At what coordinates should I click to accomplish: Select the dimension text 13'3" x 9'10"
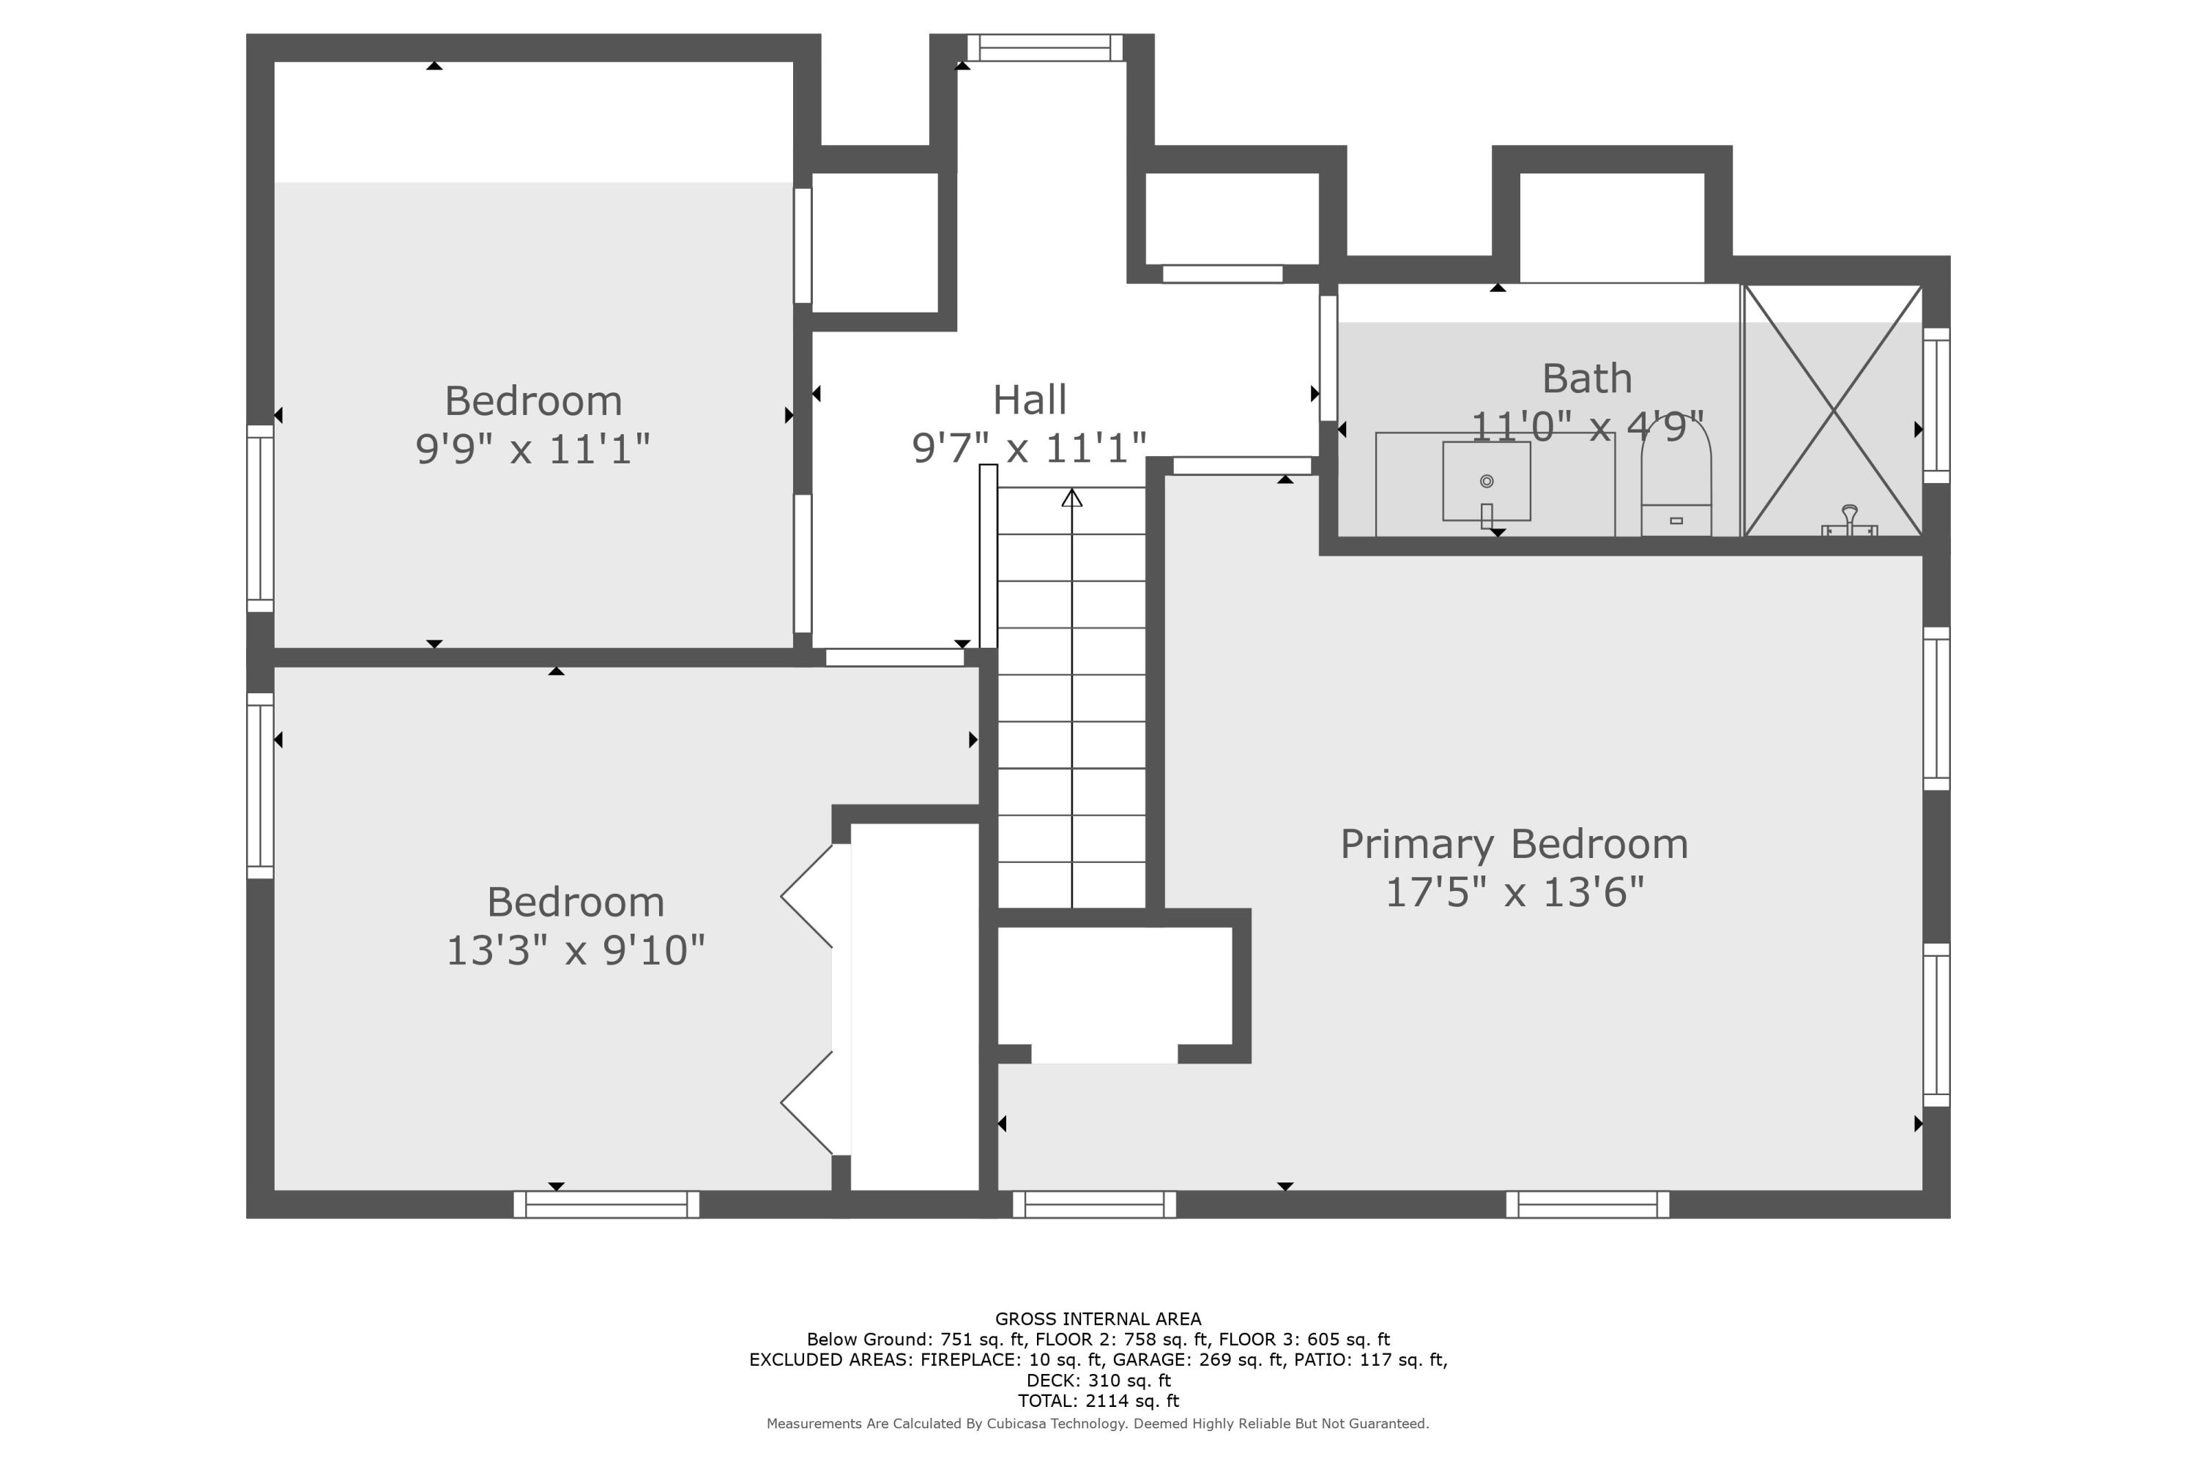coord(576,952)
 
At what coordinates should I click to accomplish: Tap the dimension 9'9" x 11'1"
coord(532,449)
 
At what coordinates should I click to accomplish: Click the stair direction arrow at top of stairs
coord(1071,498)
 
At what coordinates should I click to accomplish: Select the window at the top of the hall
coord(1044,48)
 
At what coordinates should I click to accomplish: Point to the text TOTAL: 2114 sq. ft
coord(1098,1400)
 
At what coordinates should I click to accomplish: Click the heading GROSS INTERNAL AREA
coord(1098,1319)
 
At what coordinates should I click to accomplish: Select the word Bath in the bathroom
coord(1586,378)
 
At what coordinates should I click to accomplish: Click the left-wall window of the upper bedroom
coord(260,518)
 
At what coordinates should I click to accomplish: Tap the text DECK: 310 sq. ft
coord(1098,1380)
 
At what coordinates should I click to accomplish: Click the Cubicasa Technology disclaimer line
coord(1098,1424)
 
